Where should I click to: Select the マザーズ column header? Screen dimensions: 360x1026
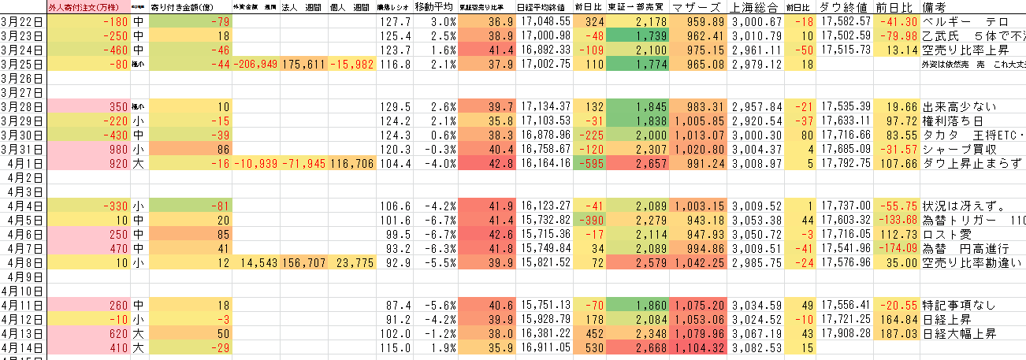coord(698,8)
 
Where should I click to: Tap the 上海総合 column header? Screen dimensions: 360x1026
coord(756,8)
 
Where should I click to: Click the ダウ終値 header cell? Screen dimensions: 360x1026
coord(844,8)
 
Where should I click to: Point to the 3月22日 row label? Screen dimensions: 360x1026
coord(23,21)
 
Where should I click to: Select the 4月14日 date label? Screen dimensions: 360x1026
coord(23,347)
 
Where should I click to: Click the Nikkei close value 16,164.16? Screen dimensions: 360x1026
coord(544,163)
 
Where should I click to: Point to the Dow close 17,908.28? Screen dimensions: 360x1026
coord(844,333)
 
